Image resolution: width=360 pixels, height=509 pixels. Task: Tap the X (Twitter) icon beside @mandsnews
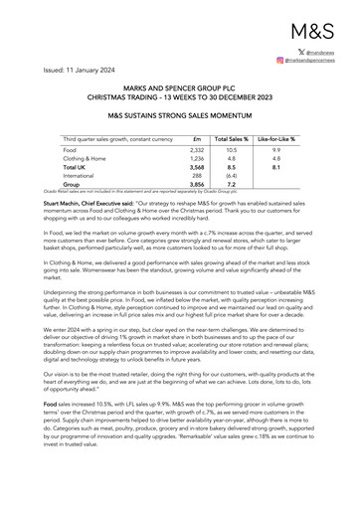pyautogui.click(x=300, y=50)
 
